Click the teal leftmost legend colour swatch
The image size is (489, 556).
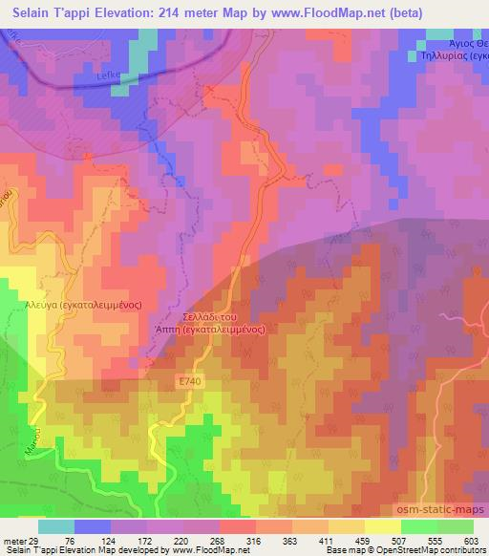(56, 525)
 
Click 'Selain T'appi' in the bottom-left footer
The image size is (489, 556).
(29, 549)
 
